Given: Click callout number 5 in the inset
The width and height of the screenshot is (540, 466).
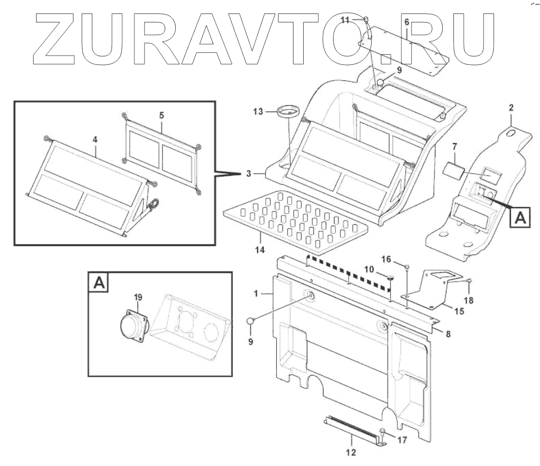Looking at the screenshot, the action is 161,115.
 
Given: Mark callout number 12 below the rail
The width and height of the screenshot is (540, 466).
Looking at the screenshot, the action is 351,452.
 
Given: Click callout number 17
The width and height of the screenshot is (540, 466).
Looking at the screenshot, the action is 402,440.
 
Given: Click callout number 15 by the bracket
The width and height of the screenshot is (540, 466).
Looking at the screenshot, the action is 459,311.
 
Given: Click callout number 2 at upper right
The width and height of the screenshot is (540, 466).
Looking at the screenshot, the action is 512,108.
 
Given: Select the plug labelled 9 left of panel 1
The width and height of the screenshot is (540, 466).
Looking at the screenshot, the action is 251,320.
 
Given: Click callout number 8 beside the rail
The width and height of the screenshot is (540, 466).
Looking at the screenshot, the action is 448,334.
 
